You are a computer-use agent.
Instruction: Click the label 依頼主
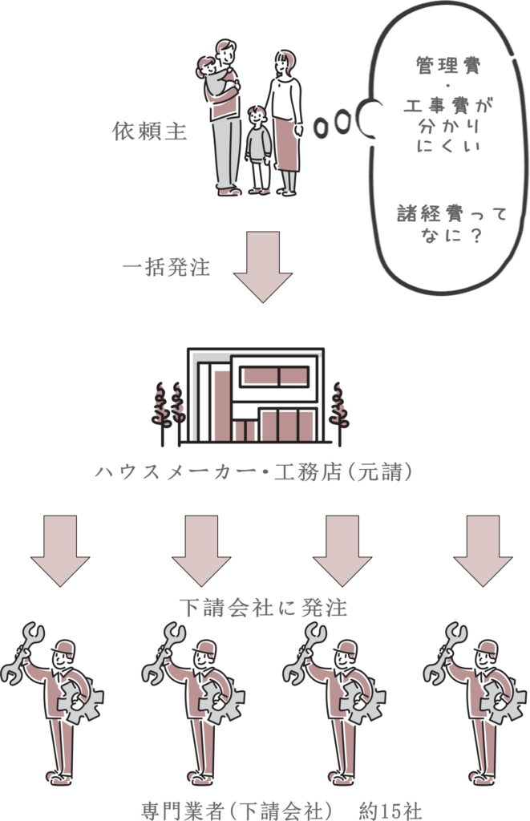coord(150,131)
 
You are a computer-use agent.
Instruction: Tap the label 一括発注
coord(166,268)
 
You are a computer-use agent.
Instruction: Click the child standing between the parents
coord(257,148)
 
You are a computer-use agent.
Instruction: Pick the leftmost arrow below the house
coord(60,549)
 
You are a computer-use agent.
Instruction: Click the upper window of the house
coord(274,376)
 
